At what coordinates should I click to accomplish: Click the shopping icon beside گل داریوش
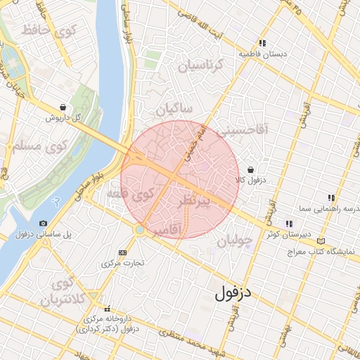coord(64,108)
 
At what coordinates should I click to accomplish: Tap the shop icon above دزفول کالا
coord(251,169)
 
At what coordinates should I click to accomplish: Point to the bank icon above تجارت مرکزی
coord(123,252)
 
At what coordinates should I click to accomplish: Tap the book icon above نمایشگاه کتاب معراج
coord(321,240)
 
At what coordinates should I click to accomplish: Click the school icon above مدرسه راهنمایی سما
coord(331,198)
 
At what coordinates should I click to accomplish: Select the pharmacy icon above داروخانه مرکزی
coord(108,308)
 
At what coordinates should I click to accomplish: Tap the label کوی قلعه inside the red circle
coord(133,193)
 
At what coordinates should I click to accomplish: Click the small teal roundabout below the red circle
coord(141,229)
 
